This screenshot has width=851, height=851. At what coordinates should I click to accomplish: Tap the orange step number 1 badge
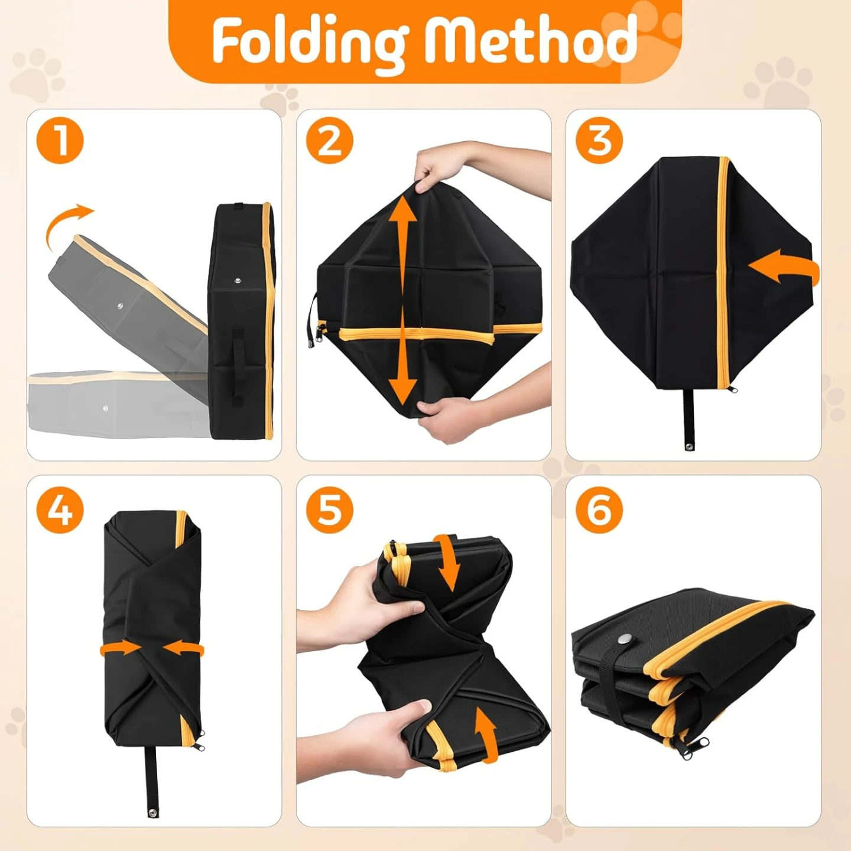60,140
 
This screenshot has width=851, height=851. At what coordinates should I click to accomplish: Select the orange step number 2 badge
329,140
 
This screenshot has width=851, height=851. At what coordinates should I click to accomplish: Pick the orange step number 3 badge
599,140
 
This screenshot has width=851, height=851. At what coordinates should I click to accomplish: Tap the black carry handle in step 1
238,366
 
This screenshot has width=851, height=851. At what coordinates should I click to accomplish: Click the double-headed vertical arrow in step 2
403,301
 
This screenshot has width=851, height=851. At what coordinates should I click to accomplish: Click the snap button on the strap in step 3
689,446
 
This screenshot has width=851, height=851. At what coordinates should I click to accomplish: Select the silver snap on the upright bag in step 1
238,280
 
